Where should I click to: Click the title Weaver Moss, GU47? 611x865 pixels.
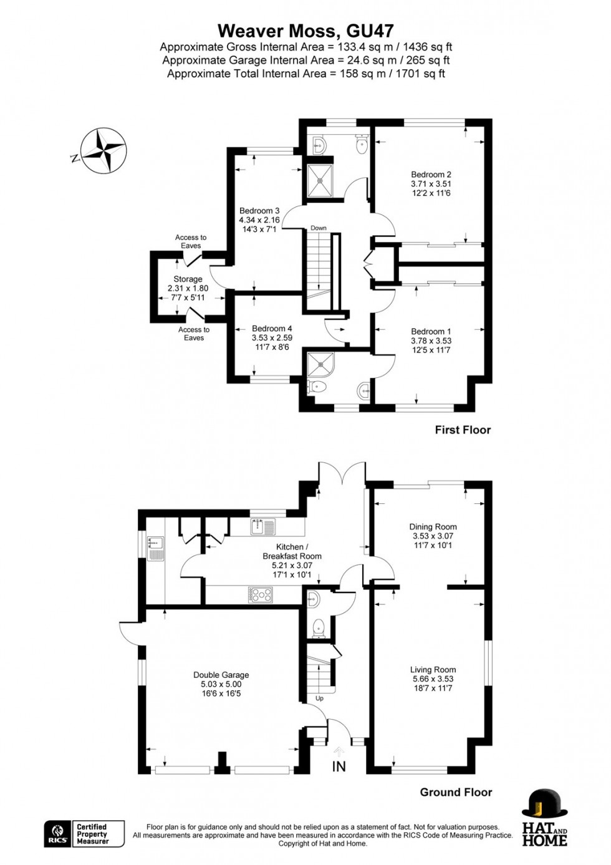(x=305, y=31)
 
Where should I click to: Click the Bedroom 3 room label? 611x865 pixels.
(x=259, y=220)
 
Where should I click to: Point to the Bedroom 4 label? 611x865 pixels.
(x=272, y=337)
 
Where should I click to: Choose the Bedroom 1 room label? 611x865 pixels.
(x=431, y=341)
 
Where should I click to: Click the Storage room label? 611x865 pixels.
(x=188, y=288)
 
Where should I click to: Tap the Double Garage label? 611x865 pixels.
(x=221, y=684)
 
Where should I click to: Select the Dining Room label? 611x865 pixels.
(x=433, y=536)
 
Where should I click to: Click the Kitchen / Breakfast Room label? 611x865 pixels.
(x=292, y=561)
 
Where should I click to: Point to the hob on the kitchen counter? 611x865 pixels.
(x=261, y=595)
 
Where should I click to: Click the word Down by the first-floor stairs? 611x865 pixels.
(x=319, y=228)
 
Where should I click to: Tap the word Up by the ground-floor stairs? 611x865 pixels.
(x=319, y=698)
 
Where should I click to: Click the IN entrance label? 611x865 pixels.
(x=339, y=766)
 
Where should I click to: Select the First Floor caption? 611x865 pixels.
(x=463, y=430)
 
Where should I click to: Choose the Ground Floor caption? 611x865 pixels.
(x=456, y=792)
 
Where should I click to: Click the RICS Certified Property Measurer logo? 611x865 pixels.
(x=84, y=834)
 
